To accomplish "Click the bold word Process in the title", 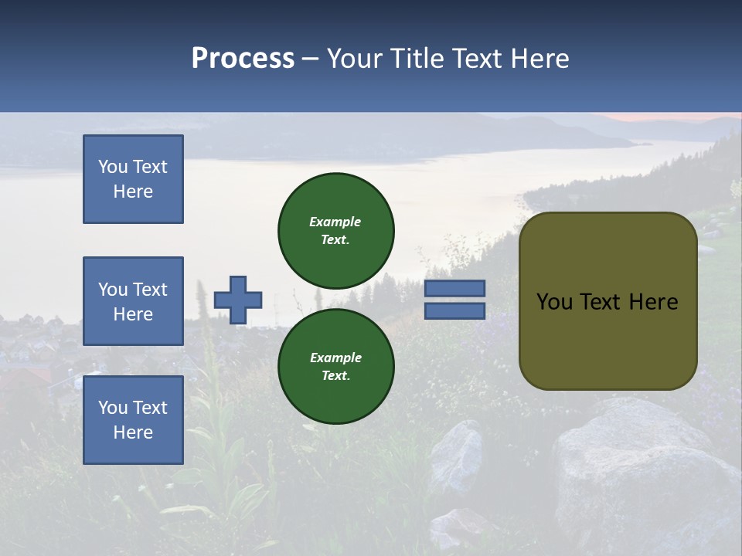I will [x=243, y=59].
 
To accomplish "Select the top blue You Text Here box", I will [x=133, y=179].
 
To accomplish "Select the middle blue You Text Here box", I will [x=133, y=301].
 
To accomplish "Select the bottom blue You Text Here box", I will [x=133, y=420].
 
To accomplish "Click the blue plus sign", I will [x=238, y=300].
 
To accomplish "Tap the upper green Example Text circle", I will [x=336, y=230].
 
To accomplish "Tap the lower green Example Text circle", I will [x=336, y=366].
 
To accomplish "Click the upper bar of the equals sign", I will [x=455, y=288].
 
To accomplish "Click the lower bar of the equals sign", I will [x=455, y=310].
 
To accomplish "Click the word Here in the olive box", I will [x=653, y=302].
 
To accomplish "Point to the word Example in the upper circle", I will [x=335, y=222].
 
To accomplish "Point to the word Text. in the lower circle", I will [x=335, y=376].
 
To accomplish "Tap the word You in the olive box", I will [x=553, y=302].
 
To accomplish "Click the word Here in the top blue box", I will [x=133, y=192].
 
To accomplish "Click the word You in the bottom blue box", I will [x=113, y=408].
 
